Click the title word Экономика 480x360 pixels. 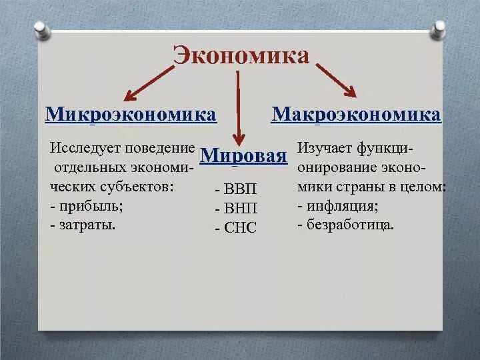(241, 55)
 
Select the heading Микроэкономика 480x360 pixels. (131, 114)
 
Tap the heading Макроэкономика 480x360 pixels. (356, 114)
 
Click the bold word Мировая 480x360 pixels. (243, 156)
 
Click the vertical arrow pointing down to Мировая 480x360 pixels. (238, 107)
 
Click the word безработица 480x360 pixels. (349, 225)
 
